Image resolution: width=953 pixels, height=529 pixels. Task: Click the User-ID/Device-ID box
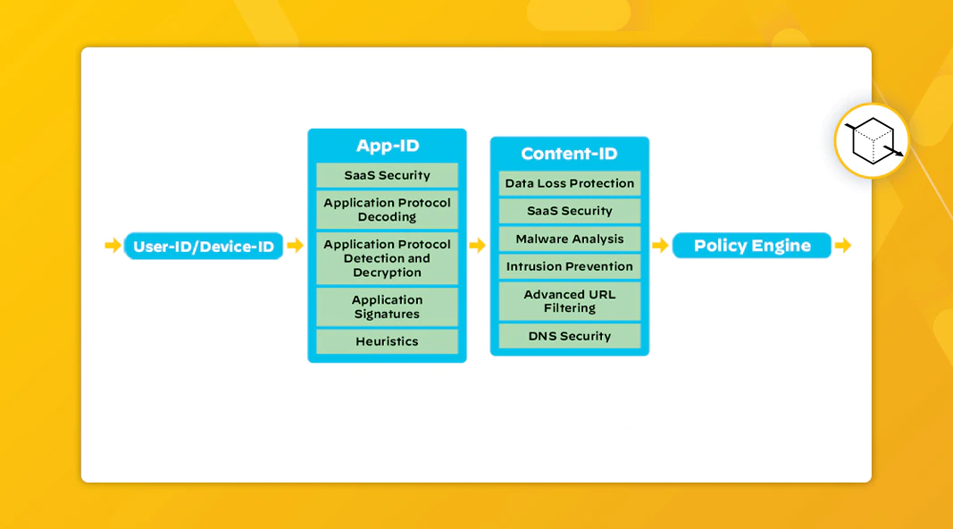(x=204, y=246)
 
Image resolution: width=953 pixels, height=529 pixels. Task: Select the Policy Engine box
(x=751, y=246)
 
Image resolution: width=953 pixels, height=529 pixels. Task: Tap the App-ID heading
(x=387, y=146)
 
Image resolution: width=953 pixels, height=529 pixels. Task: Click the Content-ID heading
(x=569, y=154)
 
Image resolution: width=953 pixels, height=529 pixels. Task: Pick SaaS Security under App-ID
(x=387, y=175)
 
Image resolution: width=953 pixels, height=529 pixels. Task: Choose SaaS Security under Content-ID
(x=569, y=211)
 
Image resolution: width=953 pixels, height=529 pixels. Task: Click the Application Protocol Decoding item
(x=387, y=210)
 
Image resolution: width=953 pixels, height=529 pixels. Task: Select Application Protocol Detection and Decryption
(x=387, y=258)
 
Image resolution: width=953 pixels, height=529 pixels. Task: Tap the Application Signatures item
(x=387, y=306)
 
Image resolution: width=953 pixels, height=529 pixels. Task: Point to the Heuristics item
(x=387, y=341)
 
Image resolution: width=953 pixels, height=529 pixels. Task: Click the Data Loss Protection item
(x=569, y=183)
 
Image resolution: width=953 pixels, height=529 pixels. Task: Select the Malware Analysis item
(x=569, y=239)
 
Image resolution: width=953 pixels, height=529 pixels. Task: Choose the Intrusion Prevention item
(x=569, y=266)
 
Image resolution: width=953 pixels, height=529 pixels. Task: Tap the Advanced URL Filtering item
(x=569, y=301)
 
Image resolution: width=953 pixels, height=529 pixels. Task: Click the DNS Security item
(x=569, y=336)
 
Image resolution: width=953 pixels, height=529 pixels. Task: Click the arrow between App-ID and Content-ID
(x=478, y=246)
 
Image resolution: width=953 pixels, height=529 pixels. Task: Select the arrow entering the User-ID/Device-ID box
(x=113, y=246)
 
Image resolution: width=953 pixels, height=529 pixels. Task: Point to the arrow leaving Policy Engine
(x=842, y=246)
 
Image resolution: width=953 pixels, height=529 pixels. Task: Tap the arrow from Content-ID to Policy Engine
(x=660, y=246)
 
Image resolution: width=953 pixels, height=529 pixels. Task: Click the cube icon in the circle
(x=872, y=140)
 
